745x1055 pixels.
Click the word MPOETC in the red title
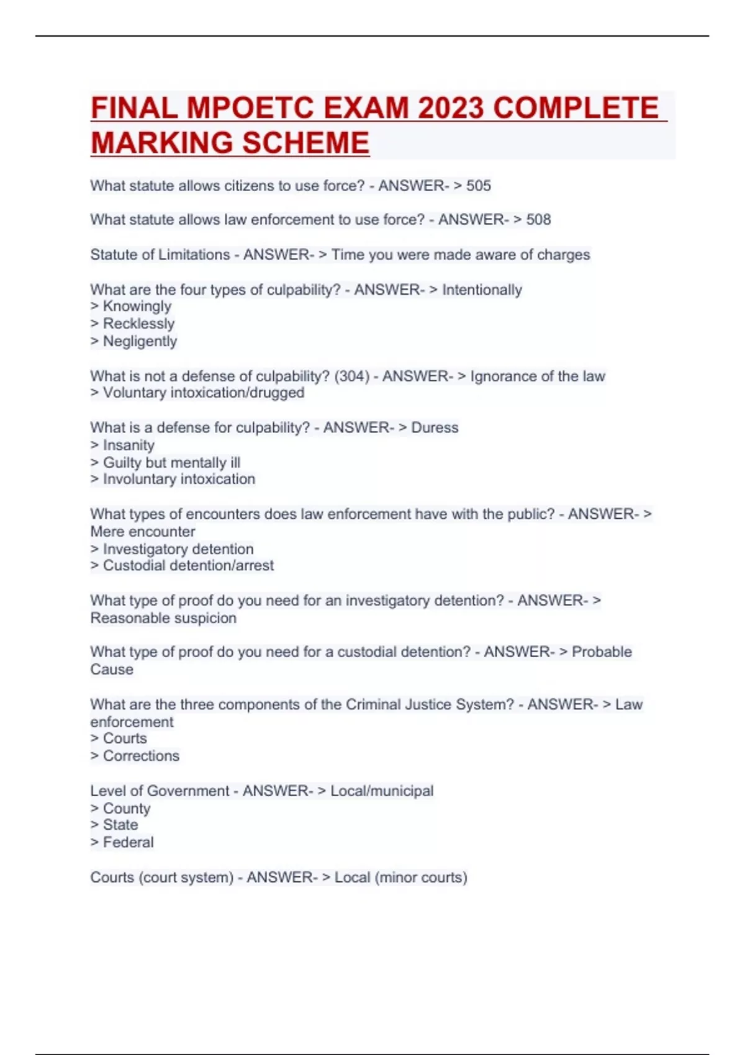250,108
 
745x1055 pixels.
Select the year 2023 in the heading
450,108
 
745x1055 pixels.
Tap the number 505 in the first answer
478,186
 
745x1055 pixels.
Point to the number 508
538,220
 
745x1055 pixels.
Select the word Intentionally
482,290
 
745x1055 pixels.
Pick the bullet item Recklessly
138,324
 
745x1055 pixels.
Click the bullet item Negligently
140,341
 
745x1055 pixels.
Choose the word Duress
435,428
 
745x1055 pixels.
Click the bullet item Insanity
129,445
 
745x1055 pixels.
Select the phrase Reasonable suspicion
163,618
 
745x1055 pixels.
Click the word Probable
602,652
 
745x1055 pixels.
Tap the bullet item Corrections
141,756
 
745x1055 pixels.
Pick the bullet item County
127,809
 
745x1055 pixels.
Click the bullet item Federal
128,842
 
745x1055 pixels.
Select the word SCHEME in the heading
306,143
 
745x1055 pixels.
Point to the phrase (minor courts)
421,878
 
